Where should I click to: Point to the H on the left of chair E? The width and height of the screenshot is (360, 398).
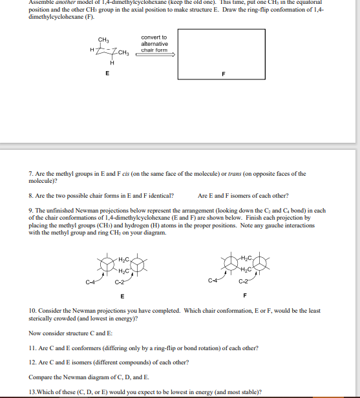[x=92, y=50]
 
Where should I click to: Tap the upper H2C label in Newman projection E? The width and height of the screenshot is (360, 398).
[x=126, y=259]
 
